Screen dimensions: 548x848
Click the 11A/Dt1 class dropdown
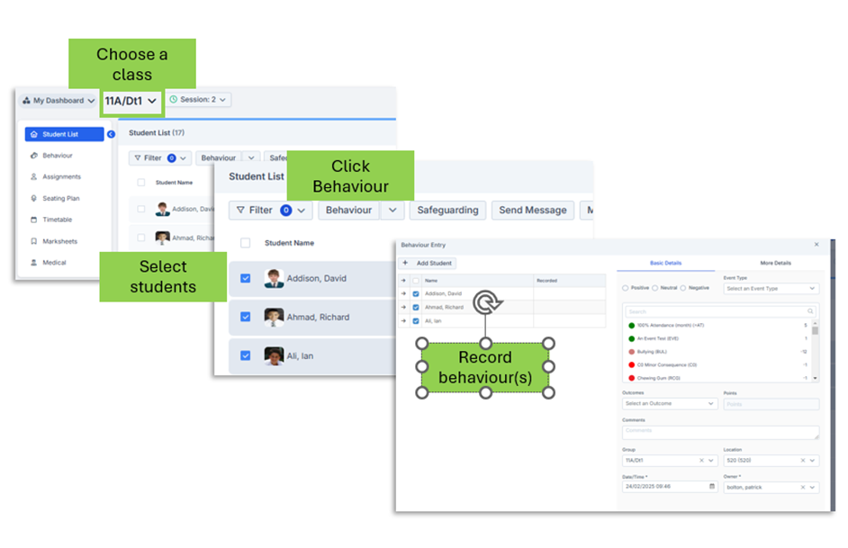click(131, 101)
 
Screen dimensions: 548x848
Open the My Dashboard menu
click(59, 101)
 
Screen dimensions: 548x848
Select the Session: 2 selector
click(198, 100)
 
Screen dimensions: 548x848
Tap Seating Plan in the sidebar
click(60, 198)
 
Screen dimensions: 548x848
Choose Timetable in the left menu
click(57, 220)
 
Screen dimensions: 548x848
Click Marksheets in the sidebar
click(59, 241)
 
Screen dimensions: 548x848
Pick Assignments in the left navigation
click(61, 177)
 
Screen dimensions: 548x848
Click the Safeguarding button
click(447, 211)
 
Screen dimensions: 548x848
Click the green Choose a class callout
click(131, 65)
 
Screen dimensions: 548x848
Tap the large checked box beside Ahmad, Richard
click(246, 318)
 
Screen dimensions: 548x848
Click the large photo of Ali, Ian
click(275, 356)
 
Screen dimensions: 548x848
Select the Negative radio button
click(684, 288)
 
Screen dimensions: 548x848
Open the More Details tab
click(774, 264)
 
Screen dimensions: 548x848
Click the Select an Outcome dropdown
click(670, 404)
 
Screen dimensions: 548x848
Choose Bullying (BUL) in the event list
click(653, 352)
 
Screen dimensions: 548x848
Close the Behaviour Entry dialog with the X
click(816, 245)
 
